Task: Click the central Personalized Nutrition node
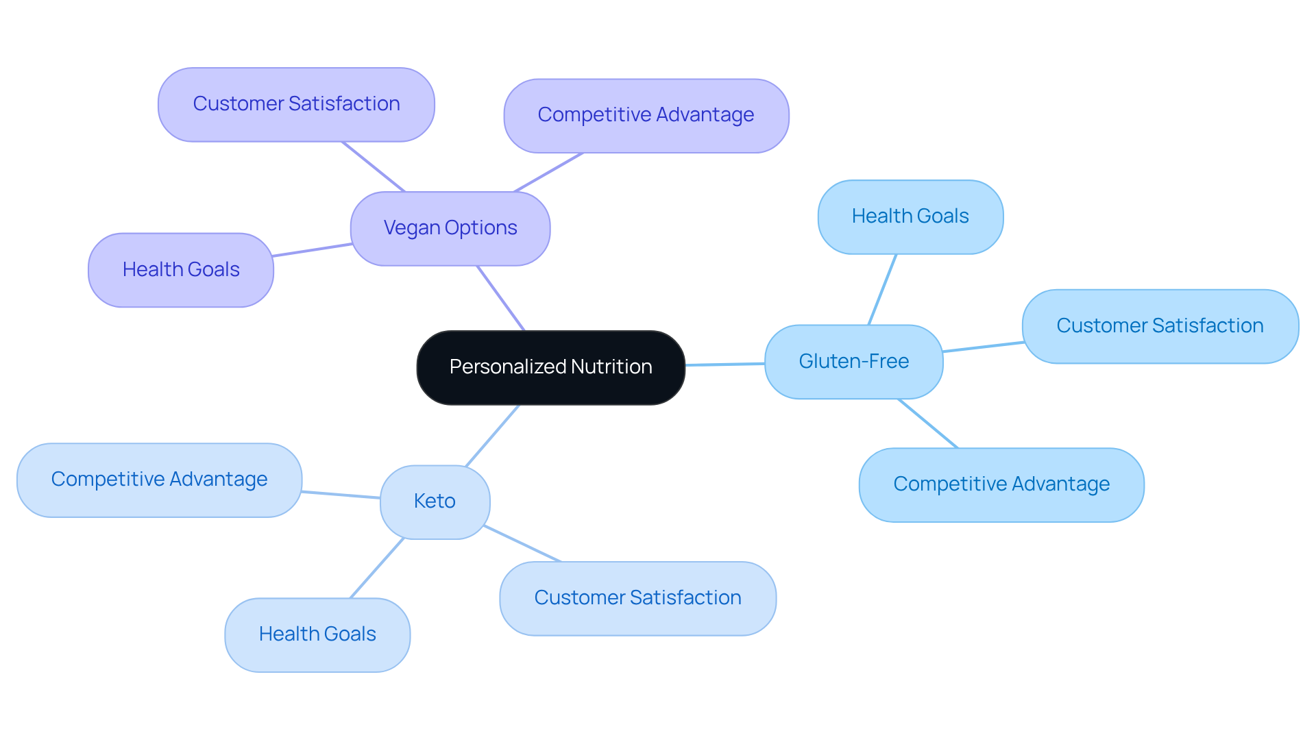[x=550, y=367]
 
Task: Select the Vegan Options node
[x=450, y=228]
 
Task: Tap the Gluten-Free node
[x=853, y=361]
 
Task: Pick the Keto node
[x=435, y=502]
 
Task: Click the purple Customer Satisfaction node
[x=296, y=104]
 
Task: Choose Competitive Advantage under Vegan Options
[x=646, y=115]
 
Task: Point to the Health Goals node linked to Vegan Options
[x=181, y=270]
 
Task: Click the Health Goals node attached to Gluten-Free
[x=910, y=217]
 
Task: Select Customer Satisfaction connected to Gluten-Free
[x=1160, y=326]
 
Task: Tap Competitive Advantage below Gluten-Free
[x=1001, y=484]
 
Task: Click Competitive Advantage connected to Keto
[x=159, y=480]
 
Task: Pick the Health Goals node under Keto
[x=317, y=634]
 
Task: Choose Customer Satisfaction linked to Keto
[x=637, y=598]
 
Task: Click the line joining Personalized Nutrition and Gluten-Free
[x=724, y=364]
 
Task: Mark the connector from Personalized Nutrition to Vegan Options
[x=501, y=298]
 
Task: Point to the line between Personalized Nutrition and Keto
[x=492, y=436]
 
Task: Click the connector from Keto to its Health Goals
[x=377, y=568]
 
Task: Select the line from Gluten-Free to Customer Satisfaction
[x=983, y=347]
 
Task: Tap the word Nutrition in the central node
[x=611, y=367]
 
